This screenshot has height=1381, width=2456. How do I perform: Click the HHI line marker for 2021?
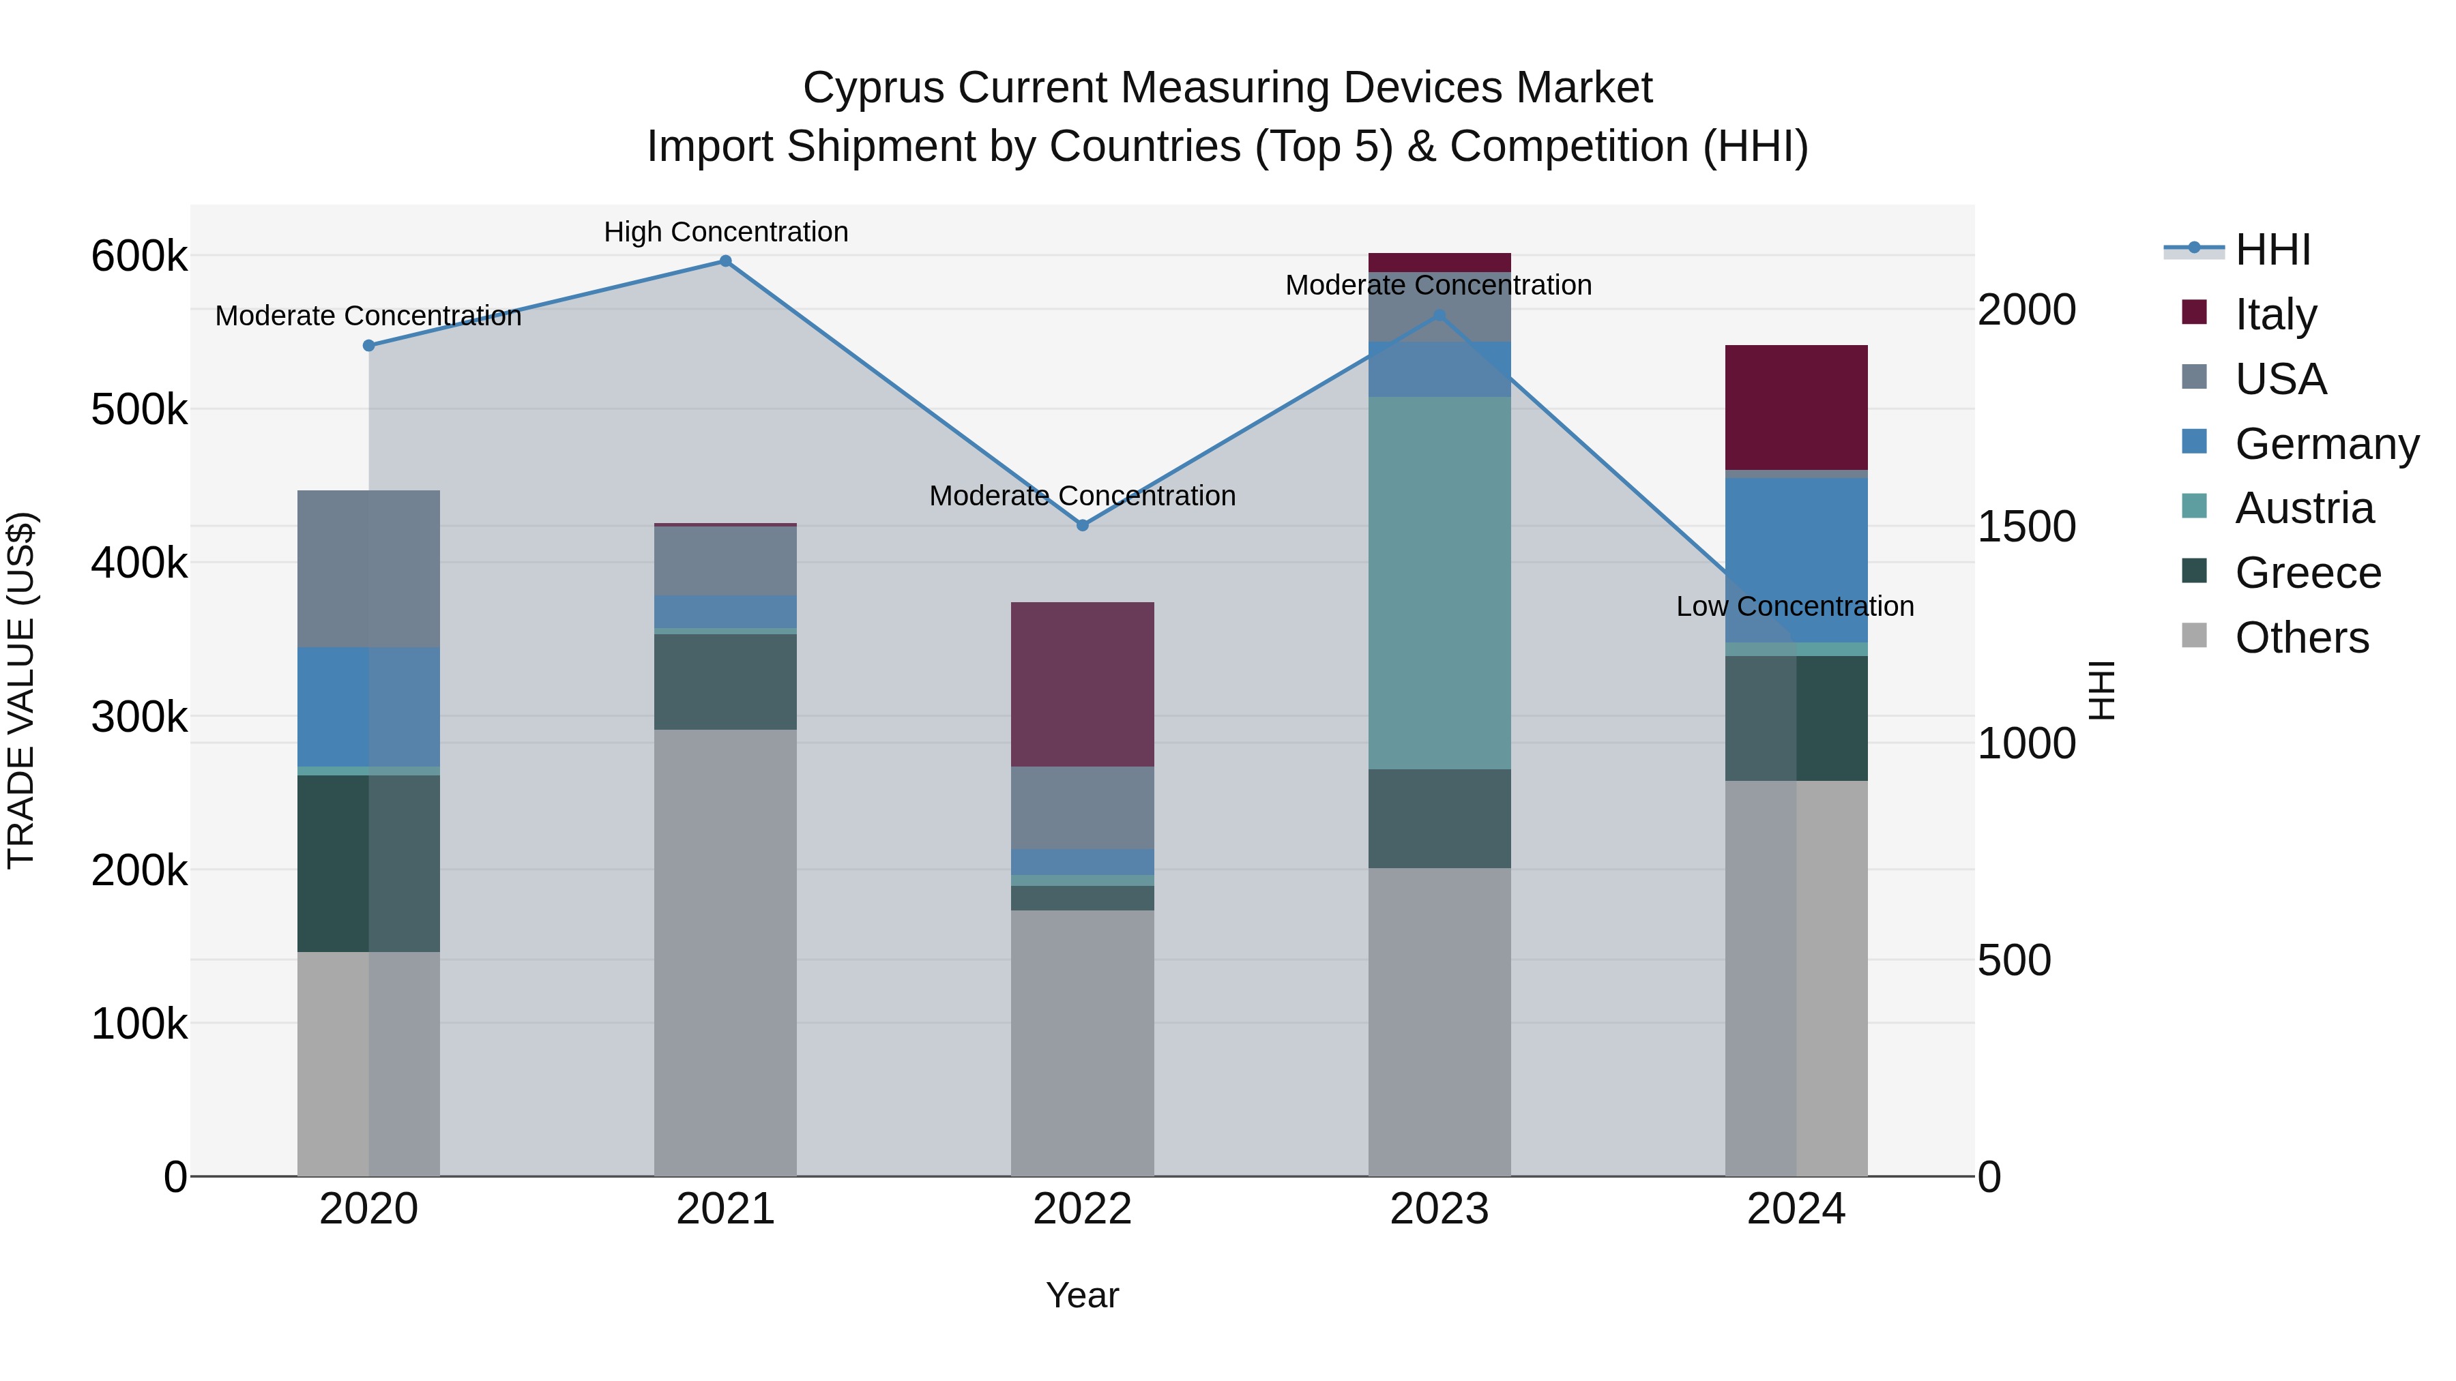(726, 261)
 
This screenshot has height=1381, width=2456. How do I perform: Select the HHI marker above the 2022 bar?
(1082, 525)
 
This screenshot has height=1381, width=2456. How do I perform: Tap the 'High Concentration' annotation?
(726, 232)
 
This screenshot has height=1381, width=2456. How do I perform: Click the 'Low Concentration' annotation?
(1794, 606)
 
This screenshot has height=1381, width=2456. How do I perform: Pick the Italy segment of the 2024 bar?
(1796, 407)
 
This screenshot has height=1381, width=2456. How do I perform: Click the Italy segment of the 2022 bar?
(1082, 683)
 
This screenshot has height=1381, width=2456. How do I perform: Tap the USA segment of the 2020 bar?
(369, 568)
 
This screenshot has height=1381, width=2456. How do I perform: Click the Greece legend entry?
(2307, 573)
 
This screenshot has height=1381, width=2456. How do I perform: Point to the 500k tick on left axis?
(139, 410)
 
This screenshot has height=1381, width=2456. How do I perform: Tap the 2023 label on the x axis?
(1439, 1209)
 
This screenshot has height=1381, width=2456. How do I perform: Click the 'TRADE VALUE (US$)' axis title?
(21, 690)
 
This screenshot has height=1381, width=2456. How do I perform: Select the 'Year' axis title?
(1082, 1295)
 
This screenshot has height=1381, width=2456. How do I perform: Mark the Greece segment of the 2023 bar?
(1439, 818)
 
